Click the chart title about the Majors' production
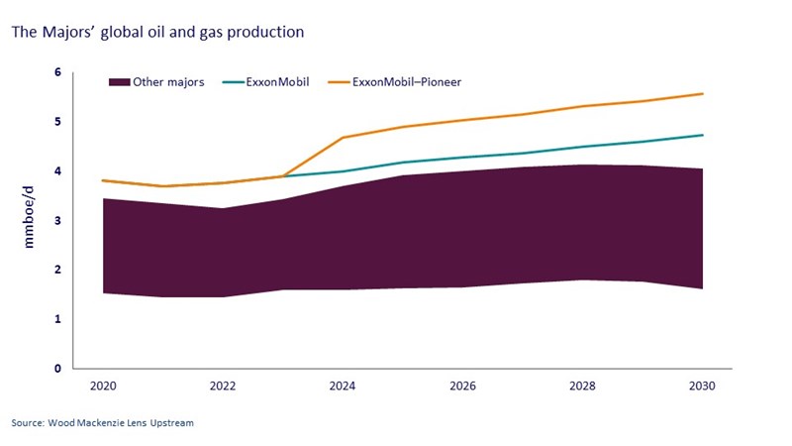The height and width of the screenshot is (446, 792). click(156, 32)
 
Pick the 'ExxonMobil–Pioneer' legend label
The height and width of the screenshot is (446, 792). click(407, 82)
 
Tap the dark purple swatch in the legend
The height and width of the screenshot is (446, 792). click(120, 82)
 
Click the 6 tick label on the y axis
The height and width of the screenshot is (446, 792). click(57, 73)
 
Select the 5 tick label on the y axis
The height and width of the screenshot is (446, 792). click(57, 122)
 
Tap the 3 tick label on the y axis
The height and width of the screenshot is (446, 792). click(57, 221)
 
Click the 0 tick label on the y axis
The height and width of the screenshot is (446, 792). click(57, 369)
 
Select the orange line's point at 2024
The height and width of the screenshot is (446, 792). click(343, 138)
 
